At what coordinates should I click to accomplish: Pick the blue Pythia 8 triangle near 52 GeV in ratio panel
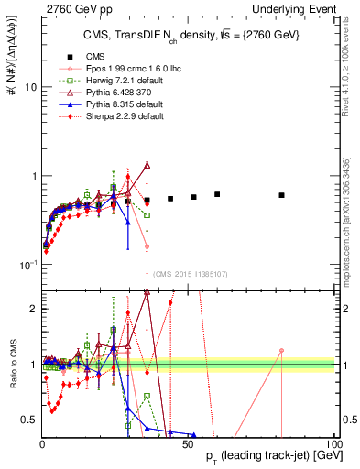coord(194,435)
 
